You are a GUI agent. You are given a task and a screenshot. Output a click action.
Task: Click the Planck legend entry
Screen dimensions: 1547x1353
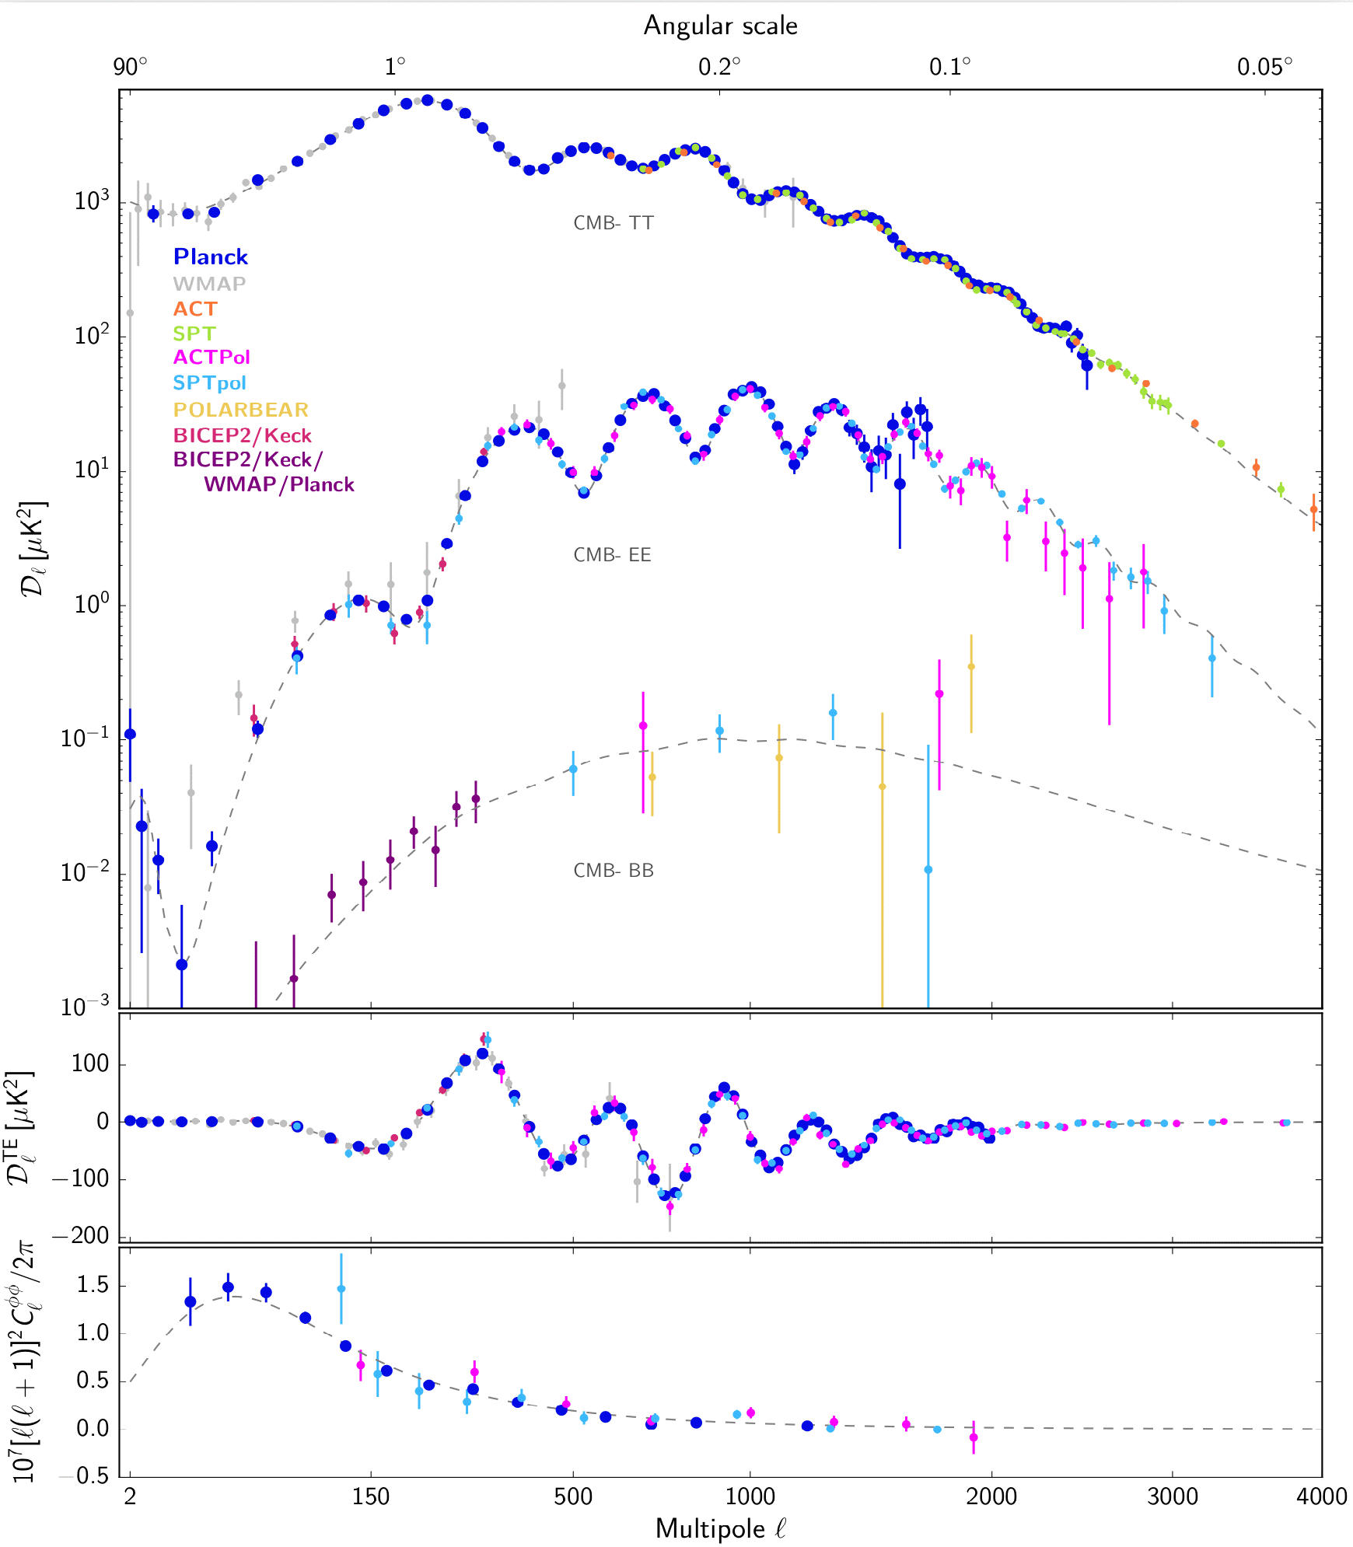(210, 257)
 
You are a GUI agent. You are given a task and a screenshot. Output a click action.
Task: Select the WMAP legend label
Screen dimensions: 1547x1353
(209, 284)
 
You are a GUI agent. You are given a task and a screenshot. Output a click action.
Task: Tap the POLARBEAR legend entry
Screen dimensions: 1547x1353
(240, 410)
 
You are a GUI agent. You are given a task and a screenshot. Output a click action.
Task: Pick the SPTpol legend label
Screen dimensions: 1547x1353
(209, 383)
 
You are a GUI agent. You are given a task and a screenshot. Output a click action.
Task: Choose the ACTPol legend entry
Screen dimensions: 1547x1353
(212, 358)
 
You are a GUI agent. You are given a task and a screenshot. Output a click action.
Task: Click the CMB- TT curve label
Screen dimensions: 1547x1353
(613, 223)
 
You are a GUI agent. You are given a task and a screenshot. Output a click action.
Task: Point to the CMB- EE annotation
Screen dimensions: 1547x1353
(612, 555)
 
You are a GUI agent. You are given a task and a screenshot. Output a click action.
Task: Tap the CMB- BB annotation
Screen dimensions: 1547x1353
(613, 871)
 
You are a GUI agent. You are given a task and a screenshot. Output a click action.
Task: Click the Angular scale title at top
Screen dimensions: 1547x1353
(720, 26)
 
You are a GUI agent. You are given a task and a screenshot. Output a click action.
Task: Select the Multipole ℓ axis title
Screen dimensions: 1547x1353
(720, 1528)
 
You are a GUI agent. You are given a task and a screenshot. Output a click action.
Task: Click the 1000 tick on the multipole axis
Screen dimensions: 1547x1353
(750, 1496)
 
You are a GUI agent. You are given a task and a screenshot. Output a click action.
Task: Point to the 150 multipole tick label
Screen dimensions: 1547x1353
(371, 1496)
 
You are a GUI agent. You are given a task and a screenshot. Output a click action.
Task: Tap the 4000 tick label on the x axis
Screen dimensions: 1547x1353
(1321, 1496)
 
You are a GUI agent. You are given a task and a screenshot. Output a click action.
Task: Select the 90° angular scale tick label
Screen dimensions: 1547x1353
(131, 68)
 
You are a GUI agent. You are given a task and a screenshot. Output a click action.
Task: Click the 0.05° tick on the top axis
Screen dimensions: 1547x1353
(1264, 68)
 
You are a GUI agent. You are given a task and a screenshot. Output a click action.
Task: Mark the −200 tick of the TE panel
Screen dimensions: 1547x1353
(82, 1236)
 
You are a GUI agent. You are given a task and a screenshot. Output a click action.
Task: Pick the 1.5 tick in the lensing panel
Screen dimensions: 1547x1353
(93, 1285)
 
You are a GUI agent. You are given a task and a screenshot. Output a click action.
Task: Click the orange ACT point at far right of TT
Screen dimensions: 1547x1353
(1313, 510)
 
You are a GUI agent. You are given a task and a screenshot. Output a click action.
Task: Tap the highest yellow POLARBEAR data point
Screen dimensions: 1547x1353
(970, 666)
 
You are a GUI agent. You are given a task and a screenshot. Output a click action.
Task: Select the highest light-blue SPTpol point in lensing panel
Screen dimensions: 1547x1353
(341, 1289)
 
